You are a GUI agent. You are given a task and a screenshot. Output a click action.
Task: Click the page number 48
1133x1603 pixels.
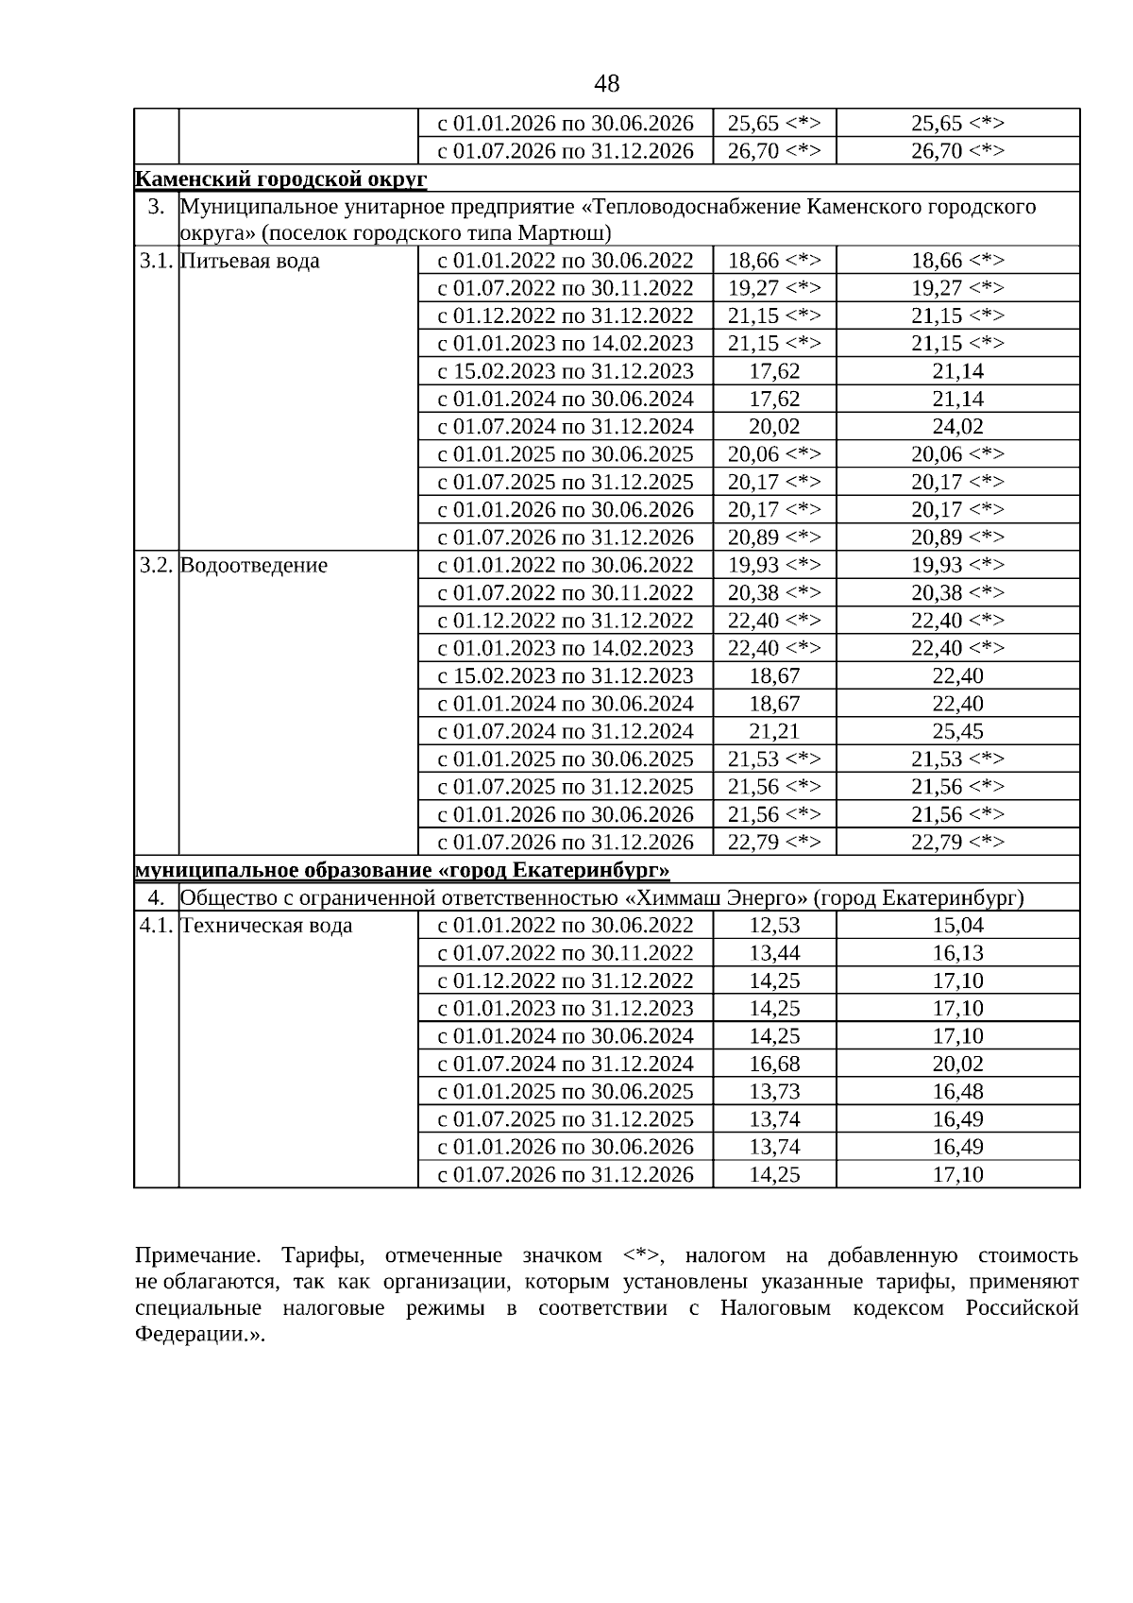(607, 84)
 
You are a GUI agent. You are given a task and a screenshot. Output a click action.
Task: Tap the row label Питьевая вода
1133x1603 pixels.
(249, 261)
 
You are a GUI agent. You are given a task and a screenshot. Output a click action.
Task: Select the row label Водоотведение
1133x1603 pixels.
(253, 565)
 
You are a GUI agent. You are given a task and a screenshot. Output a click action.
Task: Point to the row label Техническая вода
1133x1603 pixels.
(265, 926)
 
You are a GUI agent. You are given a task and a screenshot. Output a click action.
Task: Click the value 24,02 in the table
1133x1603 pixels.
(957, 426)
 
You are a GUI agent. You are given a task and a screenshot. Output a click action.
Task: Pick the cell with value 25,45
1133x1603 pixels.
(957, 731)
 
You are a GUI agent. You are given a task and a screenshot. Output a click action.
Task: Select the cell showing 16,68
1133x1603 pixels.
(774, 1064)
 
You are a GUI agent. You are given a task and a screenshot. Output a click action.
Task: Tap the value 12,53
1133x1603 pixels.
(774, 926)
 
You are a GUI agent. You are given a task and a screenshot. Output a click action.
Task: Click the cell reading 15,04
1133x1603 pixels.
(957, 926)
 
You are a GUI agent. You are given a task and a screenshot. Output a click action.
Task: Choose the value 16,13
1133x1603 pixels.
(957, 953)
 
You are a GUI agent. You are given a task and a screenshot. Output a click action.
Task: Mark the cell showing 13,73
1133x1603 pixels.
(774, 1092)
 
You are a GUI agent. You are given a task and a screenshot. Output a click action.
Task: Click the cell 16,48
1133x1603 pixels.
(957, 1092)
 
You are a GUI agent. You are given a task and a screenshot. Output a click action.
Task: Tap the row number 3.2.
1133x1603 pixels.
(156, 565)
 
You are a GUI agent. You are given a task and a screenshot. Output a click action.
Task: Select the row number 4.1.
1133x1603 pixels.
(156, 926)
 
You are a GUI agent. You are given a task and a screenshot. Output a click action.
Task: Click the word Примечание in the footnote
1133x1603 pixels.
(195, 1256)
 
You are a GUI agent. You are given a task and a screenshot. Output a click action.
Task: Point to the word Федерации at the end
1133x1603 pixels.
(195, 1336)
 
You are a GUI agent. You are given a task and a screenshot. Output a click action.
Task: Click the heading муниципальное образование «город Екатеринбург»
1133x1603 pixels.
(402, 870)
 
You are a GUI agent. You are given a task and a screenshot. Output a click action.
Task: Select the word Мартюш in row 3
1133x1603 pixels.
(568, 233)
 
